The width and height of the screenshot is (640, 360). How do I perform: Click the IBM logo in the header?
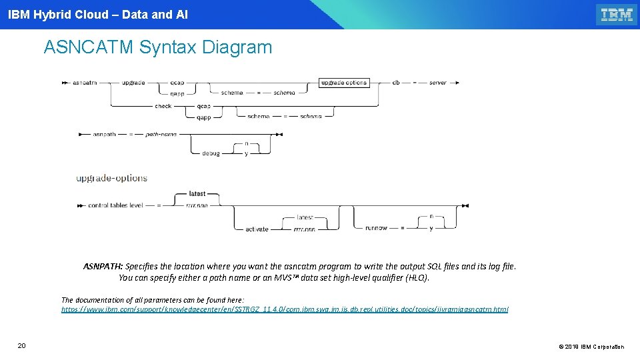pos(616,15)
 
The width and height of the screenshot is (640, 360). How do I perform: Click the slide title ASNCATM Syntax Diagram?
pos(158,47)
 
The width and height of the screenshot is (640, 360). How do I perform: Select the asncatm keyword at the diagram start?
pos(85,83)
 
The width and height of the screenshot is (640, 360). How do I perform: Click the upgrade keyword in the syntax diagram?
pos(133,83)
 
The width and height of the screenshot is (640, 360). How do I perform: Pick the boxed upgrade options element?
pos(343,83)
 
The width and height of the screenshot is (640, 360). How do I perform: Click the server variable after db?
pos(437,83)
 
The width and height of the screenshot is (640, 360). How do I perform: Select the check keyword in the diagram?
pos(163,106)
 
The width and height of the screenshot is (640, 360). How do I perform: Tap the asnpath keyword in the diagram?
pos(104,134)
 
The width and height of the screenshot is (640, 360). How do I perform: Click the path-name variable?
pos(161,134)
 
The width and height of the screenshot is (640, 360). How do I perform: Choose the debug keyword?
pos(211,153)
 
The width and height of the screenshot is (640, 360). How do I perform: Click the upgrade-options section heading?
pos(111,178)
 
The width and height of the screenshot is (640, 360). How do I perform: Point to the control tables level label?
pos(115,205)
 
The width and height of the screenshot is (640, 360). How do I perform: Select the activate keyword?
pos(257,229)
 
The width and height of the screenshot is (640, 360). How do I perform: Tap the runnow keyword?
pos(376,228)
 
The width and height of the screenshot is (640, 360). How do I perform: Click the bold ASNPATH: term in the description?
pos(103,266)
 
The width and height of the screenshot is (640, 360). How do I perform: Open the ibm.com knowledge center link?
pos(285,309)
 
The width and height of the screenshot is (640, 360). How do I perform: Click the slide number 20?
pos(21,345)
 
